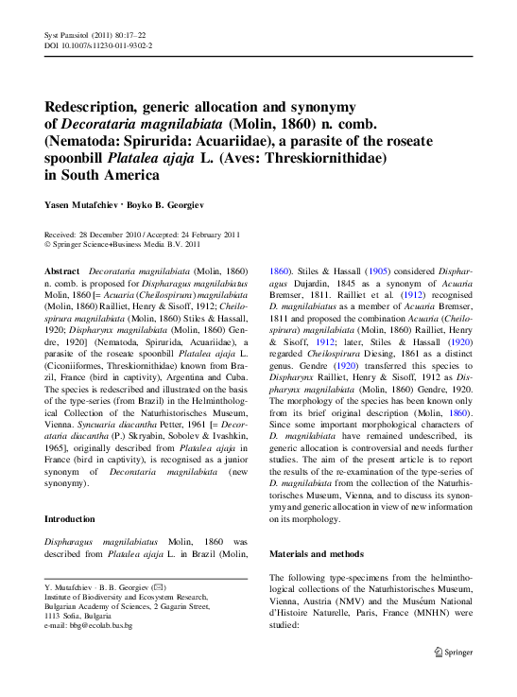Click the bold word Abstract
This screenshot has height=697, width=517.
tap(62, 270)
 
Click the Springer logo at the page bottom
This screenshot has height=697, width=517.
tap(454, 651)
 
